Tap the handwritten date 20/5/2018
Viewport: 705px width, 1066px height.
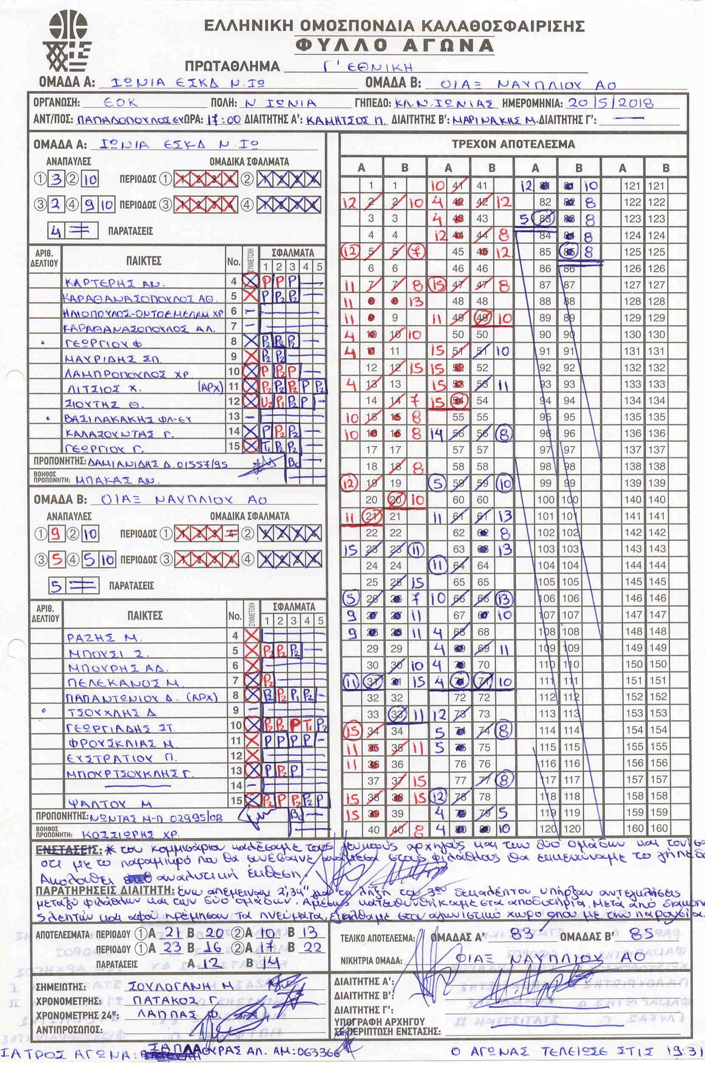pyautogui.click(x=610, y=103)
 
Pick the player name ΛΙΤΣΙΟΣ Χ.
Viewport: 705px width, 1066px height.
pyautogui.click(x=104, y=388)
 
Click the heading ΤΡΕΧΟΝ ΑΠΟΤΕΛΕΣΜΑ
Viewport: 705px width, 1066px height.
pyautogui.click(x=513, y=144)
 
